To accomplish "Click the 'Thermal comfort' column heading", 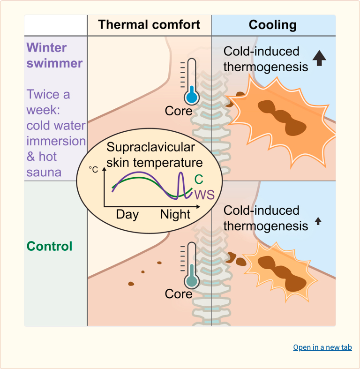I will pos(149,25).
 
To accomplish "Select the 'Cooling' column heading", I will pos(272,25).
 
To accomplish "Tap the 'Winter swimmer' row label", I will pos(54,55).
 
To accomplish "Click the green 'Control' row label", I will pos(49,246).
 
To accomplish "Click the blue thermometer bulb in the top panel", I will pos(191,97).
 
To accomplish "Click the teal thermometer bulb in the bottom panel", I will pos(191,280).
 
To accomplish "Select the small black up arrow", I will pos(318,221).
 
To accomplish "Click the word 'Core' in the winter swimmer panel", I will pos(179,111).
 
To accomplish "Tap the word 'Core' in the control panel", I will pos(179,294).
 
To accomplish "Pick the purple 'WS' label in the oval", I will pos(204,195).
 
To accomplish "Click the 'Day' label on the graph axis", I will pos(127,215).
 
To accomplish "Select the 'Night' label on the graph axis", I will pos(175,215).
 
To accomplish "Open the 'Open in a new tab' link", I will pos(322,347).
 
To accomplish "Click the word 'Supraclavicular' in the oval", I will pos(150,147).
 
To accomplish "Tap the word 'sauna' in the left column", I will pos(44,172).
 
